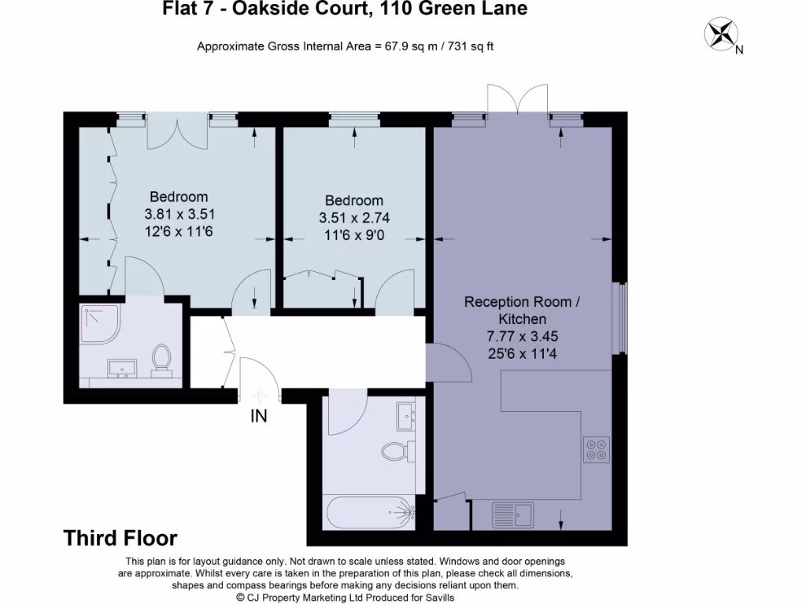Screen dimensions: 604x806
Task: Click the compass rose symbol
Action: [721, 33]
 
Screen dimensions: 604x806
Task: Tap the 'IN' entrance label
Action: [259, 417]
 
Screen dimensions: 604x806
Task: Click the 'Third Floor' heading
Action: [120, 538]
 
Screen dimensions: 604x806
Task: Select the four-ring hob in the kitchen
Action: [596, 449]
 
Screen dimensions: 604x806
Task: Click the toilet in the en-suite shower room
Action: [162, 359]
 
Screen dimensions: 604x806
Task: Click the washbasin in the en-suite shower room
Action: [121, 368]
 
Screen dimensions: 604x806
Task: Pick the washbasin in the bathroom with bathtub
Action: [407, 415]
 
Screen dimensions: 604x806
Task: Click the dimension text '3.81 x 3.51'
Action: [179, 214]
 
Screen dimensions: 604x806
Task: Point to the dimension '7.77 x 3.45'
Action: [522, 335]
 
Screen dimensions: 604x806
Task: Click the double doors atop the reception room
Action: [516, 101]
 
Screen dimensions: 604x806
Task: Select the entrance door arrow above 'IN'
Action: [259, 396]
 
